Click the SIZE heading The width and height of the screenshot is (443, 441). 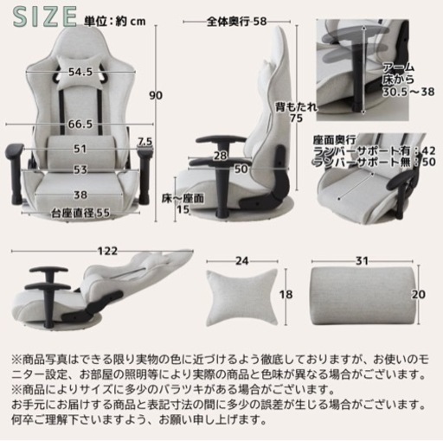pos(45,17)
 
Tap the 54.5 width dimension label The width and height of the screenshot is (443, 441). pos(80,72)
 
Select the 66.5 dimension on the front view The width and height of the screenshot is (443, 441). pos(80,125)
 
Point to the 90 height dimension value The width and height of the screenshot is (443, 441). pos(156,96)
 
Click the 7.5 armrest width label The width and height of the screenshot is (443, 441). pos(144,142)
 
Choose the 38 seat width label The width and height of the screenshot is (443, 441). pos(80,195)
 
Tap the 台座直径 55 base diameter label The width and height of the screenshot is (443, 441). pos(80,214)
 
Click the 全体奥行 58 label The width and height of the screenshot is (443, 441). pos(236,22)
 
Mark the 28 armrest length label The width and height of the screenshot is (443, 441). pos(221,156)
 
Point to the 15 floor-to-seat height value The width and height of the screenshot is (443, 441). pos(183,209)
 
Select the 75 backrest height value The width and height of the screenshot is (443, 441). pos(296,118)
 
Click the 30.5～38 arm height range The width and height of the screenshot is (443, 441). pos(408,92)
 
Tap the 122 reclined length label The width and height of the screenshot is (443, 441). pos(108,252)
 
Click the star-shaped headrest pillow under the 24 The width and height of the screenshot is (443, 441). pos(242,297)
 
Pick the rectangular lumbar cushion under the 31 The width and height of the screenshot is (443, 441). pos(364,296)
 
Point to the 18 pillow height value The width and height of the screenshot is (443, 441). pos(286,295)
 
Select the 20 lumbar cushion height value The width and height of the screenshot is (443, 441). pos(419,295)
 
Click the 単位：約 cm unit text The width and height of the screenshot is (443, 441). pos(115,22)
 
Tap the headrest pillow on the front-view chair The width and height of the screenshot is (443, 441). pos(80,72)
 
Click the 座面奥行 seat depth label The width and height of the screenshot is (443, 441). pos(335,140)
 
